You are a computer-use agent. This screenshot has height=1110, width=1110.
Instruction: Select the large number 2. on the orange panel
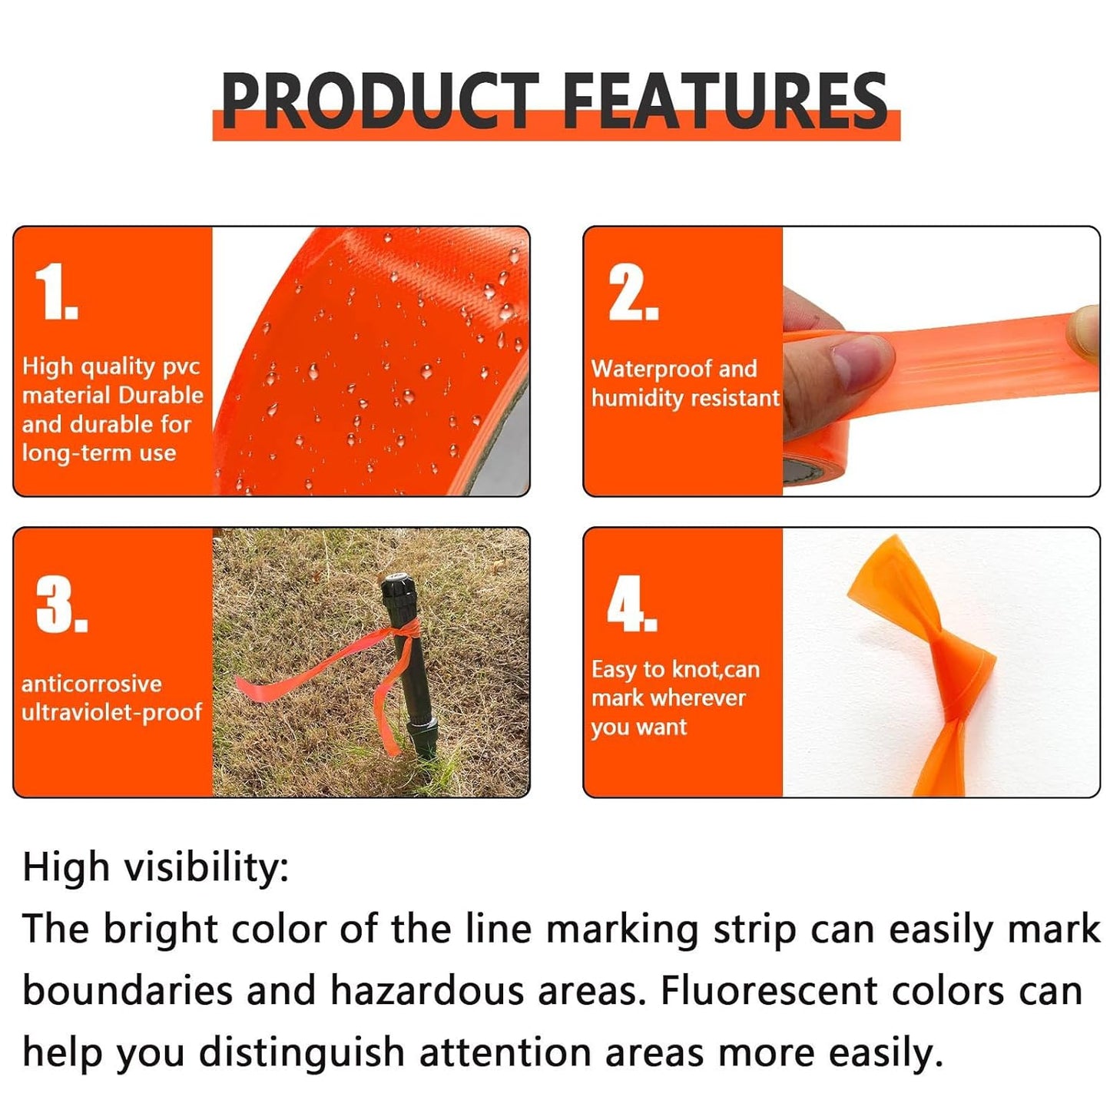(x=633, y=293)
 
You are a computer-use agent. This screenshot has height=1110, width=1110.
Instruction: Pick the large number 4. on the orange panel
(x=631, y=604)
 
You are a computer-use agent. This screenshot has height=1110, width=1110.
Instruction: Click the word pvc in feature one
(x=181, y=367)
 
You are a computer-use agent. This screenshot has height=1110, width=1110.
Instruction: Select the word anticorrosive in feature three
(x=91, y=683)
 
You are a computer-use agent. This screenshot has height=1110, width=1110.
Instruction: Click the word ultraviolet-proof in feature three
(x=111, y=712)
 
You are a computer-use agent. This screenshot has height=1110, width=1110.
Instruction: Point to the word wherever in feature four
(x=697, y=697)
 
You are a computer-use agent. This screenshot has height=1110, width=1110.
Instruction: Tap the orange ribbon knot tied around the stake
(x=404, y=632)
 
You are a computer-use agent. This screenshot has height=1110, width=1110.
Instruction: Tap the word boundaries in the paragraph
(x=128, y=990)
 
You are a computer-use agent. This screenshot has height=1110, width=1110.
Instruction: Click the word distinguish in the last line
(x=301, y=1052)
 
